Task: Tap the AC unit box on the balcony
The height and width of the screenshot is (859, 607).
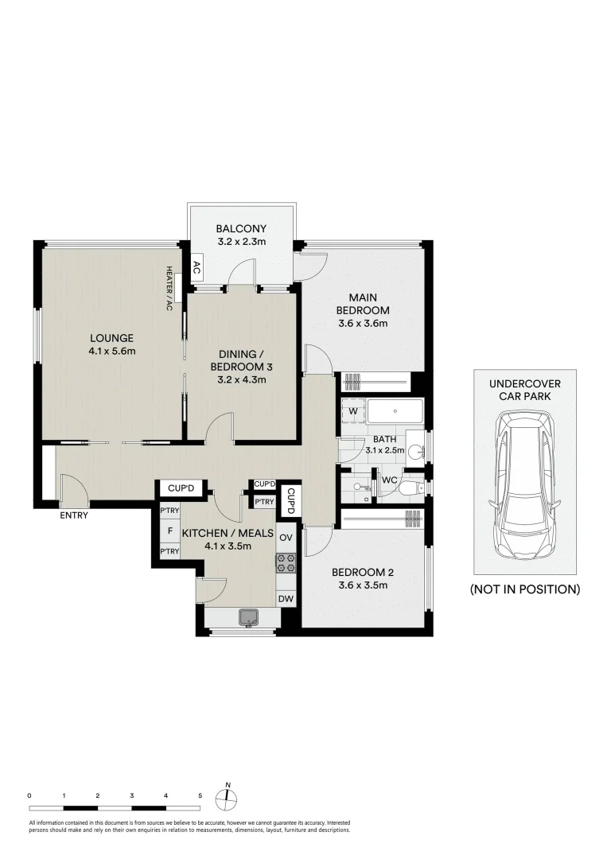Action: [x=196, y=267]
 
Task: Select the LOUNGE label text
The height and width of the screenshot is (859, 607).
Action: [x=111, y=337]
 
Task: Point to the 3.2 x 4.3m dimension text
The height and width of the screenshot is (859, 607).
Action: [x=241, y=379]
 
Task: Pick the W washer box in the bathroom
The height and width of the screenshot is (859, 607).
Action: [x=352, y=410]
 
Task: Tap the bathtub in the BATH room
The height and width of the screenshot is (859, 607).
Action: [x=397, y=412]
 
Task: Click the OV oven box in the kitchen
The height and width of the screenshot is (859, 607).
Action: [x=286, y=537]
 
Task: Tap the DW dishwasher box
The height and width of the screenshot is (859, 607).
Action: [x=286, y=599]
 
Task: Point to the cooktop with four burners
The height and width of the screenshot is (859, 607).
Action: [x=286, y=563]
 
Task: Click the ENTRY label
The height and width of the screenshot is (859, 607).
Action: [x=74, y=515]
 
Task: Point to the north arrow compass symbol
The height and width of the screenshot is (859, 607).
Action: [x=228, y=799]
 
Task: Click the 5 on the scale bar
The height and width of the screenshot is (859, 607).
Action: [x=200, y=795]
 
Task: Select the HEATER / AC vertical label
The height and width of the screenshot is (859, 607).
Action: [x=169, y=287]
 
